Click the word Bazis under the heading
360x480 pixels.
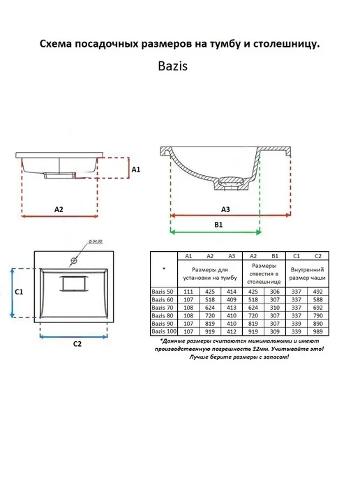[172, 66]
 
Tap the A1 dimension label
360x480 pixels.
[135, 170]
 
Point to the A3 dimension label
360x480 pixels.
[225, 209]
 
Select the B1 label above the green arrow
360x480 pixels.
[218, 225]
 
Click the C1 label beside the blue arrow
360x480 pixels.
[19, 292]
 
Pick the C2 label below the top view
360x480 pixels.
[77, 344]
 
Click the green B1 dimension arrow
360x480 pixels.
[216, 232]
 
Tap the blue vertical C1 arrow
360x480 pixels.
[13, 293]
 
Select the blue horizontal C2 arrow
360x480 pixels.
[74, 337]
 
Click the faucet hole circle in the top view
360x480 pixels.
[73, 261]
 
